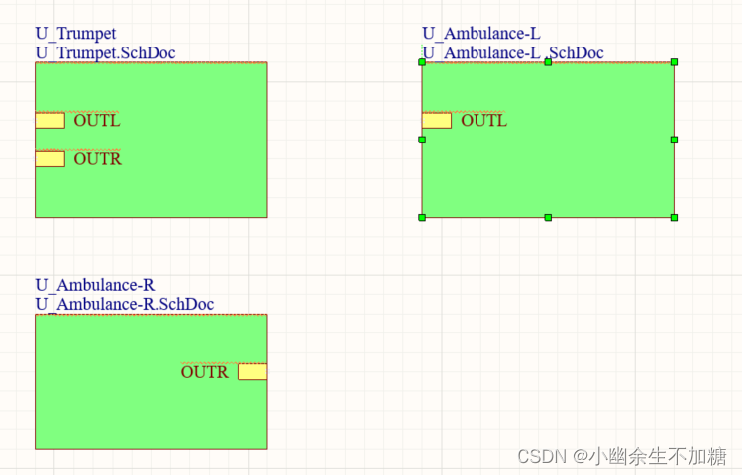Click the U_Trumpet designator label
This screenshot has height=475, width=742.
pyautogui.click(x=75, y=34)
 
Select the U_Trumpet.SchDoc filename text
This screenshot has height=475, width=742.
pyautogui.click(x=106, y=52)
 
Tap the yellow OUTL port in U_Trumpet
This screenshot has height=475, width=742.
pyautogui.click(x=50, y=121)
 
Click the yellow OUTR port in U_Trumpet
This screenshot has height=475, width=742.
pyautogui.click(x=50, y=159)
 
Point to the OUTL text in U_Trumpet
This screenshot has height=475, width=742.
pyautogui.click(x=97, y=121)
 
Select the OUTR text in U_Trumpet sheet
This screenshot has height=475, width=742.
pyautogui.click(x=97, y=159)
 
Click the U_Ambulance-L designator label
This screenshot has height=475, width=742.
pyautogui.click(x=481, y=34)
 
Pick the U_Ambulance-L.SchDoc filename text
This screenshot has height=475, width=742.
pyautogui.click(x=513, y=52)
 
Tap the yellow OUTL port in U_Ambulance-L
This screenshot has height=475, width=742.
pyautogui.click(x=437, y=121)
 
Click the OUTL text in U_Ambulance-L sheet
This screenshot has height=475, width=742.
pyautogui.click(x=484, y=121)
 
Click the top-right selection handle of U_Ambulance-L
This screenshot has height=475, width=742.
pyautogui.click(x=674, y=62)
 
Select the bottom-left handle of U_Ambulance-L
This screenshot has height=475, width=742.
pyautogui.click(x=422, y=217)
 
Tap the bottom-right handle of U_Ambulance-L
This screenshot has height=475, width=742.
pyautogui.click(x=674, y=217)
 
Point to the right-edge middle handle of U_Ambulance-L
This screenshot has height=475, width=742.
pyautogui.click(x=674, y=140)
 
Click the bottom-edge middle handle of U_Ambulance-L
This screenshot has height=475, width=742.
pyautogui.click(x=548, y=217)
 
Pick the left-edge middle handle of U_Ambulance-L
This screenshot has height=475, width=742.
pyautogui.click(x=422, y=140)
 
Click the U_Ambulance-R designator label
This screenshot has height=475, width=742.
pyautogui.click(x=95, y=286)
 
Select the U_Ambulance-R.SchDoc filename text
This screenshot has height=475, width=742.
pyautogui.click(x=125, y=304)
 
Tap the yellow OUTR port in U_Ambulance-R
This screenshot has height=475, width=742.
pyautogui.click(x=252, y=372)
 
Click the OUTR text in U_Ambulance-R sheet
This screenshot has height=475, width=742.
pyautogui.click(x=204, y=372)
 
